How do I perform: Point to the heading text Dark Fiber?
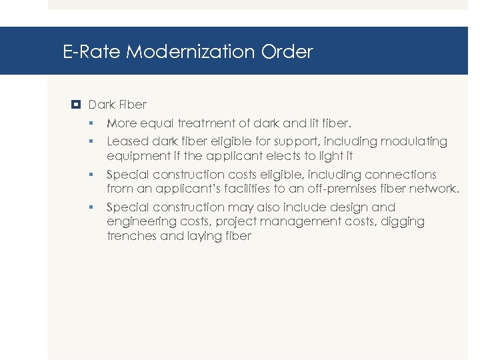(x=117, y=105)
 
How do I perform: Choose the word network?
(x=433, y=189)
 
